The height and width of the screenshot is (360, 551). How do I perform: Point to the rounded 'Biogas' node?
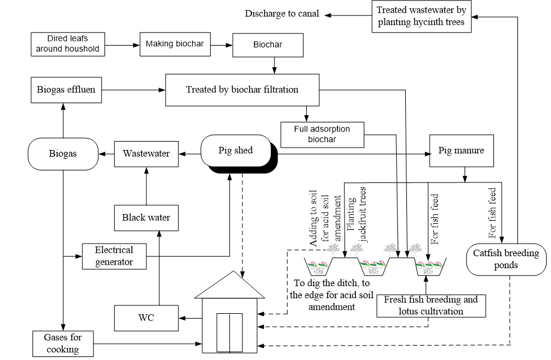pyautogui.click(x=63, y=154)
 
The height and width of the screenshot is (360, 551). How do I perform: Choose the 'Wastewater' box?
pyautogui.click(x=146, y=154)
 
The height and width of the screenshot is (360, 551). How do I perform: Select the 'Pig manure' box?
pyautogui.click(x=462, y=151)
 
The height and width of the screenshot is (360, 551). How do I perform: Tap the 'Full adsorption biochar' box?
pyautogui.click(x=322, y=133)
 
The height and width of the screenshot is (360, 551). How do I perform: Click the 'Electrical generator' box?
pyautogui.click(x=115, y=255)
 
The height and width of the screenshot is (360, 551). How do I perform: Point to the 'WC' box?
pyautogui.click(x=146, y=317)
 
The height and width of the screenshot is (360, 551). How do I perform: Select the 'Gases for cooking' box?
pyautogui.click(x=63, y=342)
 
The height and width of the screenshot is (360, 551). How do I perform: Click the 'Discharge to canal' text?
pyautogui.click(x=282, y=14)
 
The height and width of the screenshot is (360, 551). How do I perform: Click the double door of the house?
pyautogui.click(x=229, y=331)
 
